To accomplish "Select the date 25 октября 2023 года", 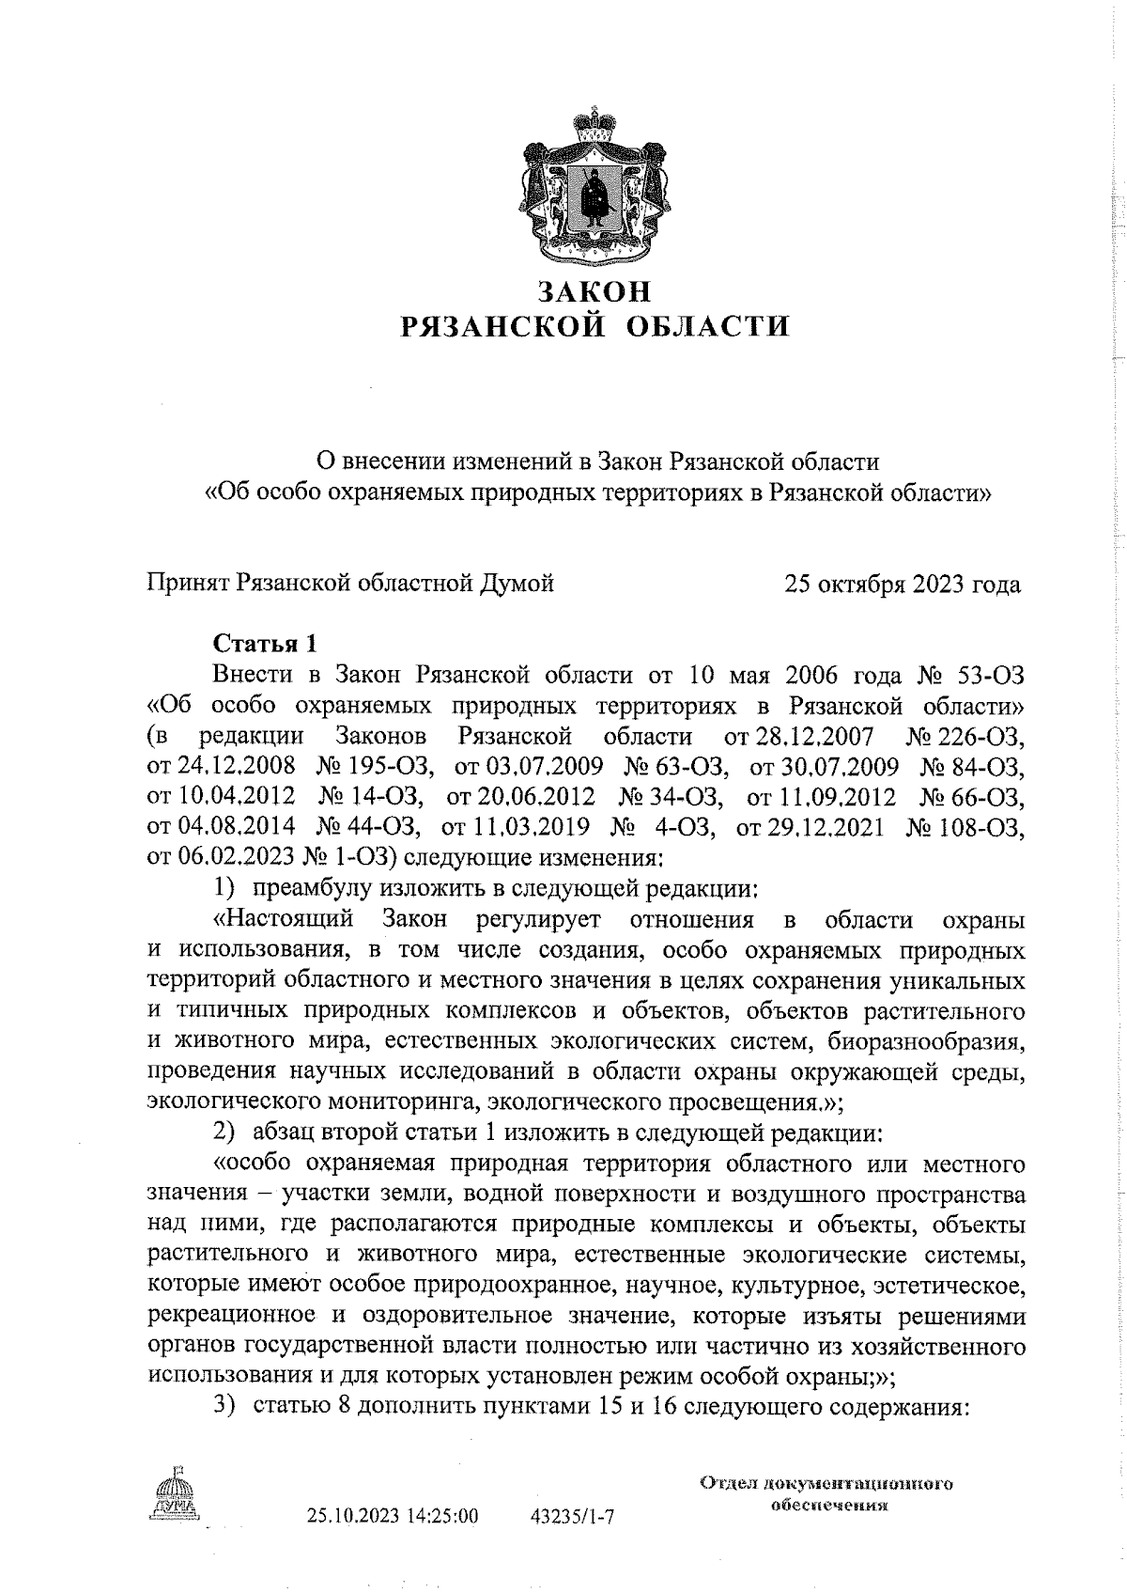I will (x=903, y=585).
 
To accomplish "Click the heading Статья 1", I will (x=266, y=644).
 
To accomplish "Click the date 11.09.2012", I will (x=820, y=796).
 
